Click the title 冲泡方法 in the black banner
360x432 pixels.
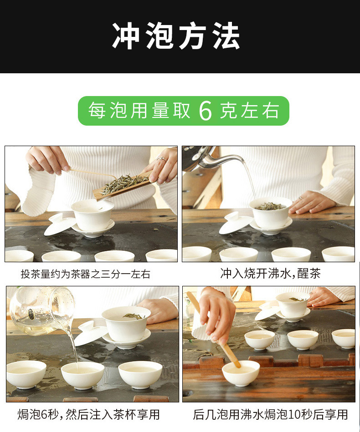pyautogui.click(x=176, y=36)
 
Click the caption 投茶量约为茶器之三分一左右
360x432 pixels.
pyautogui.click(x=85, y=274)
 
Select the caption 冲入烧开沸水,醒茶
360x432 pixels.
pyautogui.click(x=270, y=273)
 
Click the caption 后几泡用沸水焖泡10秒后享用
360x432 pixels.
pyautogui.click(x=270, y=414)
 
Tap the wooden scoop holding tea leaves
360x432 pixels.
pyautogui.click(x=122, y=187)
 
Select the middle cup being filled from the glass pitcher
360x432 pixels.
pyautogui.click(x=82, y=374)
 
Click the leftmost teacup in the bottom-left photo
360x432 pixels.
pyautogui.click(x=26, y=373)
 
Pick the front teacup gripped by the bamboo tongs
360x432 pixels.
pyautogui.click(x=241, y=372)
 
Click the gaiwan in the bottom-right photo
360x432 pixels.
pyautogui.click(x=293, y=304)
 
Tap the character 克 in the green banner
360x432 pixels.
pyautogui.click(x=228, y=111)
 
